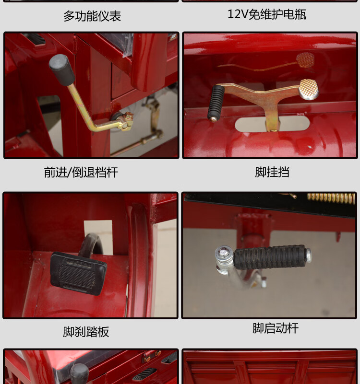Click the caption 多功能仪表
(x=92, y=16)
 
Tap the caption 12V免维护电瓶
(x=267, y=14)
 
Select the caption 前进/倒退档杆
(x=81, y=172)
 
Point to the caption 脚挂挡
(x=272, y=172)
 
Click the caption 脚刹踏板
(x=86, y=332)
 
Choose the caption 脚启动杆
(x=276, y=328)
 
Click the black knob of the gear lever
(x=62, y=70)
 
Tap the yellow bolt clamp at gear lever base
(x=126, y=120)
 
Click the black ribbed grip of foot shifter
(x=216, y=103)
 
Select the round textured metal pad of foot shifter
(x=309, y=89)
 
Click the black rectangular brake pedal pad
(x=78, y=273)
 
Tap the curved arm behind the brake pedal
(x=91, y=243)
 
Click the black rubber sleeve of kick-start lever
(x=270, y=257)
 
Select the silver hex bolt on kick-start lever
(x=223, y=252)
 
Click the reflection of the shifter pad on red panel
(x=305, y=59)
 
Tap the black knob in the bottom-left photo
(x=79, y=373)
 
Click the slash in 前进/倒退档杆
(x=70, y=172)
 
